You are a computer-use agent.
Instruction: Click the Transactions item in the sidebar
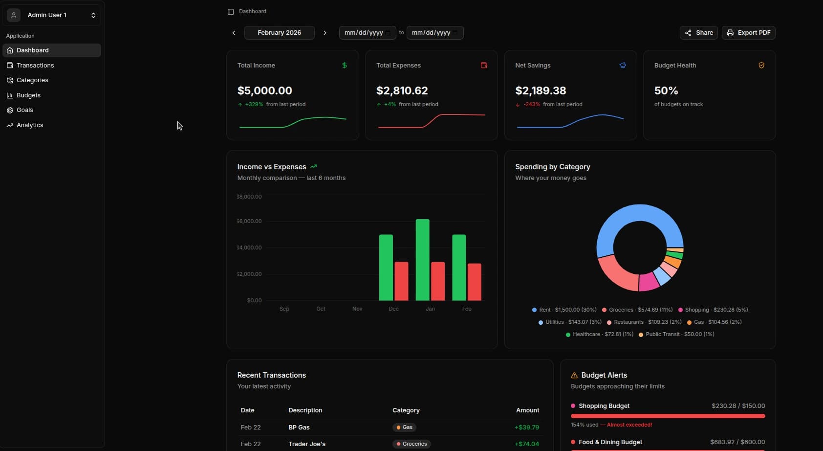(35, 65)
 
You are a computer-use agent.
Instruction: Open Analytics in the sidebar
(29, 125)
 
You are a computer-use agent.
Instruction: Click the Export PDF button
(748, 33)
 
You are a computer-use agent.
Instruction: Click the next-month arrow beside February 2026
(325, 33)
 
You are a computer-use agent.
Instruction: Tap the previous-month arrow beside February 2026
(234, 33)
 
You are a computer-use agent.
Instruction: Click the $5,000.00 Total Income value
(264, 90)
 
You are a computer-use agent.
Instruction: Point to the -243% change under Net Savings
(531, 104)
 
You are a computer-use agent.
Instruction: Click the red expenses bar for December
(401, 281)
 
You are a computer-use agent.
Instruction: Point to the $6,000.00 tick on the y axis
(250, 221)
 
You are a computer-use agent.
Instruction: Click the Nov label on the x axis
(357, 309)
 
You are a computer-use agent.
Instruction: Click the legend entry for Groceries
(637, 310)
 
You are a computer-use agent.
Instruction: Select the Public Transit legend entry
(676, 334)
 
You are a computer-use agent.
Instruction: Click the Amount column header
(527, 410)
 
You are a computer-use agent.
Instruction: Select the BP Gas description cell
(299, 428)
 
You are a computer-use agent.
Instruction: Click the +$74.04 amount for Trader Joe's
(526, 444)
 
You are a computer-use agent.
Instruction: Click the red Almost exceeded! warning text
(629, 425)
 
